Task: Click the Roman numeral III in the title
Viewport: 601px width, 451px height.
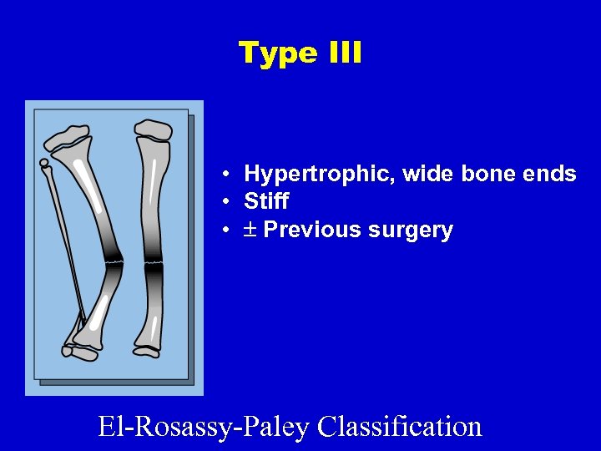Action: (343, 53)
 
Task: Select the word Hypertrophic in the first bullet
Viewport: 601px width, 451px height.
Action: (320, 175)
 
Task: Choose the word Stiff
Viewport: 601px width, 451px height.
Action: (266, 201)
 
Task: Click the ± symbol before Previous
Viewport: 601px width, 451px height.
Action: (250, 230)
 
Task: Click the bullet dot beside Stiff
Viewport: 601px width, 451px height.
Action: (226, 202)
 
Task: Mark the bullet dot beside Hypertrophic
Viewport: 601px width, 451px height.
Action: (226, 175)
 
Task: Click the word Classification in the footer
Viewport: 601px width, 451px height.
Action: (400, 426)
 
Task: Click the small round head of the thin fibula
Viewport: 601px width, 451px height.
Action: (44, 163)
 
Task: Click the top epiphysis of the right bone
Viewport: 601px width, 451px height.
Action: (153, 129)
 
